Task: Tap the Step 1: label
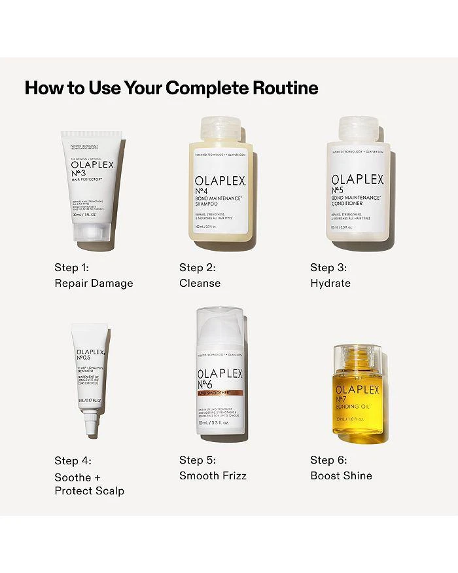(72, 267)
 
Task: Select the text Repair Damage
(94, 283)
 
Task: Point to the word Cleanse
(200, 283)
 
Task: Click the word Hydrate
(330, 283)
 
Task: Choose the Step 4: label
(72, 460)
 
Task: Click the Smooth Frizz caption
(213, 475)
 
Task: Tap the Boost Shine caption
(341, 475)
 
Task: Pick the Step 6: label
(328, 460)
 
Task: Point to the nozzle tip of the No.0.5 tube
(92, 429)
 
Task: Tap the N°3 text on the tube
(80, 173)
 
